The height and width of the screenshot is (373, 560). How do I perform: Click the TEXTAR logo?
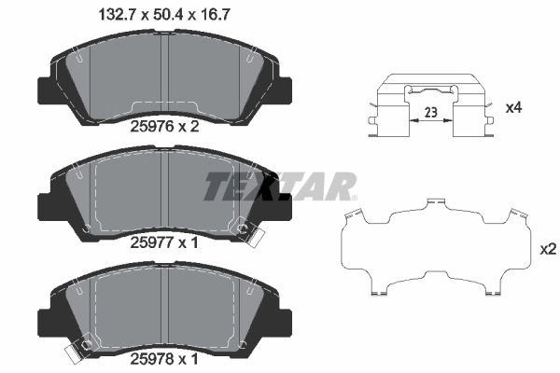(280, 186)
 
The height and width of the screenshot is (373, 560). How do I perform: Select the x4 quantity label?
(512, 108)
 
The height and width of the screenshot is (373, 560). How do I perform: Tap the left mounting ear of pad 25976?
(43, 91)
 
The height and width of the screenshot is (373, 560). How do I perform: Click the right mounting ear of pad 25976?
(285, 91)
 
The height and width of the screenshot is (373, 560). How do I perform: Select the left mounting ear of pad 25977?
(43, 202)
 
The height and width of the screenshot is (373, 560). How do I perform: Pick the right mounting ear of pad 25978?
(285, 314)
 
